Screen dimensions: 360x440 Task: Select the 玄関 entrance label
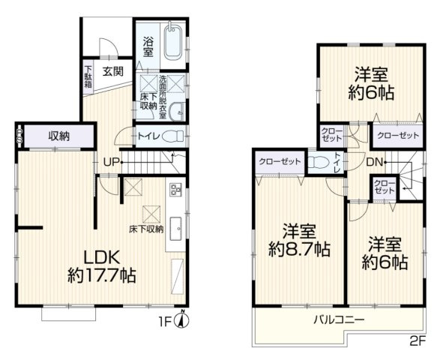113,71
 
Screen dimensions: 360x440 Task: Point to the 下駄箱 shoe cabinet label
88,76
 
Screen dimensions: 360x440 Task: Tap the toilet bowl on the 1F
173,136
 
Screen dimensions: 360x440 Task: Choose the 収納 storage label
60,136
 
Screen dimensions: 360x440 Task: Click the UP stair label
110,162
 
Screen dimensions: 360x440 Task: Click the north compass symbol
184,321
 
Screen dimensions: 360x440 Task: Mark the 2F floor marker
417,340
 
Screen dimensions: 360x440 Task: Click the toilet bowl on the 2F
316,162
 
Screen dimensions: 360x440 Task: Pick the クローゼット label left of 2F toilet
280,162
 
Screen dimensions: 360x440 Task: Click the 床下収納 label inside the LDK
145,228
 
